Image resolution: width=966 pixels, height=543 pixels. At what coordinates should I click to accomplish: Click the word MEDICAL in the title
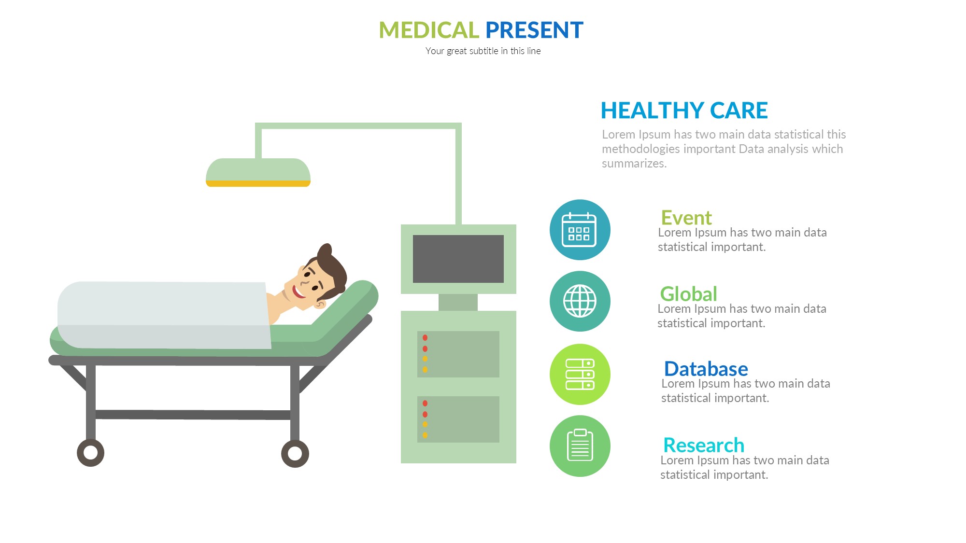pyautogui.click(x=428, y=30)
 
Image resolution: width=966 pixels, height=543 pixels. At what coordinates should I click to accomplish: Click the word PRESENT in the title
pyautogui.click(x=534, y=30)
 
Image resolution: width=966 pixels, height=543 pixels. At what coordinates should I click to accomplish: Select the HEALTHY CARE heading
pyautogui.click(x=684, y=111)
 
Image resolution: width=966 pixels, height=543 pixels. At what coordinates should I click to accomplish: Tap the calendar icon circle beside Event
pyautogui.click(x=580, y=230)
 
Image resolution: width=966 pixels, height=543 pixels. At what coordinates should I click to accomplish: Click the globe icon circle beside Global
pyautogui.click(x=580, y=301)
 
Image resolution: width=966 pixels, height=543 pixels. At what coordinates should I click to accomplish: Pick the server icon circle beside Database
pyautogui.click(x=580, y=374)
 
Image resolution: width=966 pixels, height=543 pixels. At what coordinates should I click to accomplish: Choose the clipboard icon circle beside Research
pyautogui.click(x=580, y=446)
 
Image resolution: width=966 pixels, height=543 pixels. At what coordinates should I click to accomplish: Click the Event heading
pyautogui.click(x=686, y=218)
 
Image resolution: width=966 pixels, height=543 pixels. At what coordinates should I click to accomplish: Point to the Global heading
pyautogui.click(x=689, y=293)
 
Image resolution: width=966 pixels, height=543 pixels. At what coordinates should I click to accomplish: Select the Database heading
pyautogui.click(x=706, y=369)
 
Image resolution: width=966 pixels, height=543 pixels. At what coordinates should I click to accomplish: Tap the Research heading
pyautogui.click(x=704, y=445)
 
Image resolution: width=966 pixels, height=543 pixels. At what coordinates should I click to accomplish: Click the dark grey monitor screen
pyautogui.click(x=458, y=259)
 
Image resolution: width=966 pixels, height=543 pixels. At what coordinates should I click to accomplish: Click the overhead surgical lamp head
pyautogui.click(x=258, y=172)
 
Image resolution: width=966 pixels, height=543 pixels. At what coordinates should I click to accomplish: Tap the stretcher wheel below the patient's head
pyautogui.click(x=295, y=454)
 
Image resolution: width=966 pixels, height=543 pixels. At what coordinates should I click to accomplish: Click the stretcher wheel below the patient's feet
pyautogui.click(x=90, y=453)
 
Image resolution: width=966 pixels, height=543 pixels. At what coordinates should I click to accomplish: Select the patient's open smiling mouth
pyautogui.click(x=298, y=292)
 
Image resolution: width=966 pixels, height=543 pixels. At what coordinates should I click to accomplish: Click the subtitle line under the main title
pyautogui.click(x=483, y=51)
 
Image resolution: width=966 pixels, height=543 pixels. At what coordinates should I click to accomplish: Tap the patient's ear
pyautogui.click(x=320, y=304)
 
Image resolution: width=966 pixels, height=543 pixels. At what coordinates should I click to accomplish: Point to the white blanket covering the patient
pyautogui.click(x=164, y=315)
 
